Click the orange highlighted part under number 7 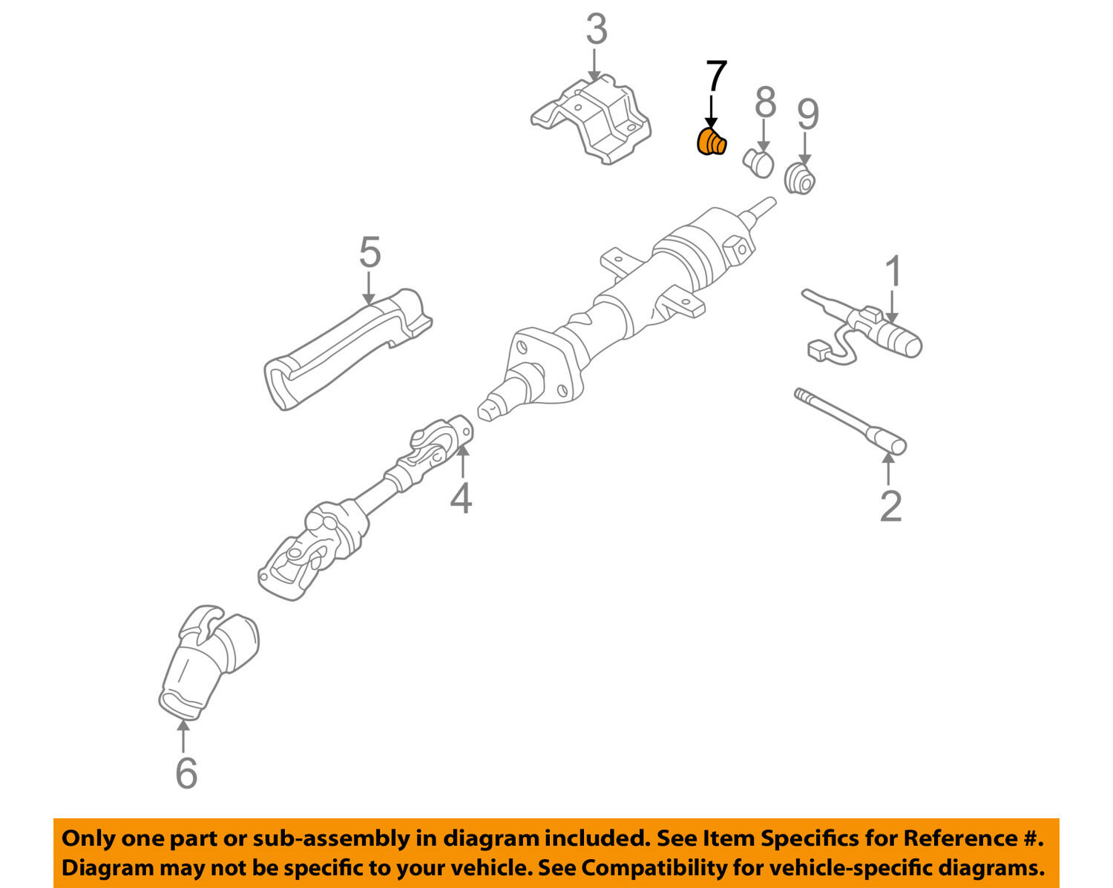[712, 142]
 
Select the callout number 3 [597, 30]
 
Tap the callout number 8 [766, 102]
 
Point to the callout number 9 [808, 114]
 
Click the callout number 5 [370, 252]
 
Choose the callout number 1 [893, 271]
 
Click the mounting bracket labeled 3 [591, 120]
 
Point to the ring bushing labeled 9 [800, 179]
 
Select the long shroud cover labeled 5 [347, 349]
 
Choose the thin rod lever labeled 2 [850, 421]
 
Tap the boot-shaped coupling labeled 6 [209, 662]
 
